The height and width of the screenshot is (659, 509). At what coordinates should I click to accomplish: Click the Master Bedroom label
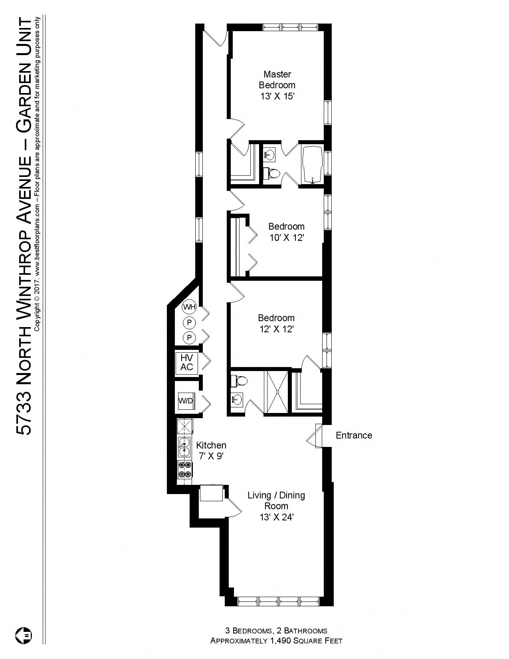[x=277, y=79]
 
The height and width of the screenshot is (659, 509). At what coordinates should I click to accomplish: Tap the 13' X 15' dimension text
[x=277, y=96]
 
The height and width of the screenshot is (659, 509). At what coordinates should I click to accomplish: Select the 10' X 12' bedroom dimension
[x=287, y=238]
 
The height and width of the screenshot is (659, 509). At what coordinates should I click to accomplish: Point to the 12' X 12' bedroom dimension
[x=276, y=329]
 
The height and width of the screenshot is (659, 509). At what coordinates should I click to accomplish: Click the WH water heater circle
[x=189, y=307]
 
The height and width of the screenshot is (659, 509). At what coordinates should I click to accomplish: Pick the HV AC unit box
[x=186, y=362]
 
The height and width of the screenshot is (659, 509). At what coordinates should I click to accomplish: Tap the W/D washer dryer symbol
[x=186, y=401]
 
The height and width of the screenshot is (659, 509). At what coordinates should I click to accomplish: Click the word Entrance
[x=354, y=435]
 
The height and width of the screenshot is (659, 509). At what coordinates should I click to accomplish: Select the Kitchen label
[x=211, y=445]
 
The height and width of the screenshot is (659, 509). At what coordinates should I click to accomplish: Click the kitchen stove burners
[x=184, y=469]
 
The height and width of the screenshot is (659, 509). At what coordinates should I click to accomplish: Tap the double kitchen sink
[x=184, y=447]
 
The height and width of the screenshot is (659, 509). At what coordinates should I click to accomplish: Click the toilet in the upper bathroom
[x=272, y=173]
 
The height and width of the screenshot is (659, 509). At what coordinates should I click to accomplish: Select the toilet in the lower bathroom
[x=240, y=381]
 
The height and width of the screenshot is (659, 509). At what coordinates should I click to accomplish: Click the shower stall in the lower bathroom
[x=277, y=391]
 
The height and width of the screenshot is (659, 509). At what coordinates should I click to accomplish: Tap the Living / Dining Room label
[x=276, y=500]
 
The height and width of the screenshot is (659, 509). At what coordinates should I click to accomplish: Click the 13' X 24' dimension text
[x=277, y=517]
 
